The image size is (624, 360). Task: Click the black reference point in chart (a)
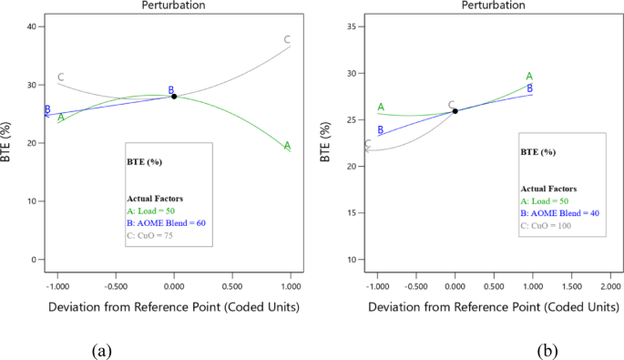coord(174,96)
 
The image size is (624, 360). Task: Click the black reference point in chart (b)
coord(455,111)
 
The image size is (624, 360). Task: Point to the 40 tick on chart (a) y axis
coord(32,26)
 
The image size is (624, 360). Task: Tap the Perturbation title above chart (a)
coord(173,5)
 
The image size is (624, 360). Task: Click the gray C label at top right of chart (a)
coord(287,39)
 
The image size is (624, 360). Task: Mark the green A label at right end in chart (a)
coord(287,146)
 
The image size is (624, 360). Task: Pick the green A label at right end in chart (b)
coord(529,77)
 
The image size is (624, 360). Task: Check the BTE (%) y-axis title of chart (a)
coord(8,143)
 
